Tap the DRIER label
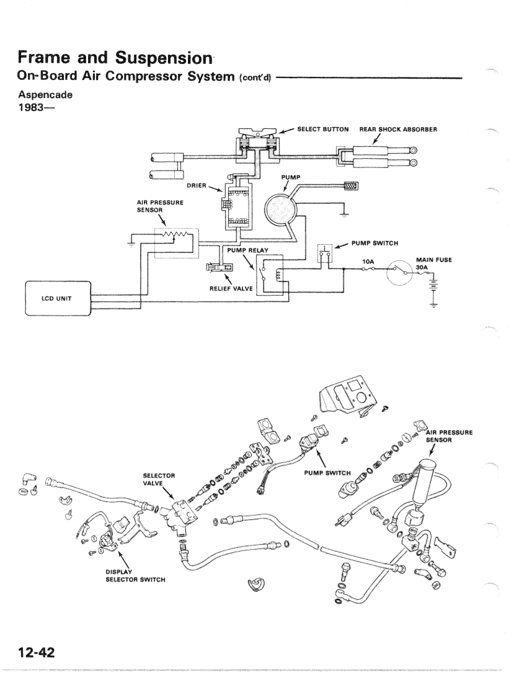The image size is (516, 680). (x=196, y=184)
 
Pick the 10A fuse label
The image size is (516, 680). (x=370, y=262)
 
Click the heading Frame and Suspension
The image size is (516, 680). (x=113, y=59)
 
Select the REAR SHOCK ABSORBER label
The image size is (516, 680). (x=399, y=130)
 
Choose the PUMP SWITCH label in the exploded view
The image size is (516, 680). (x=327, y=473)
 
